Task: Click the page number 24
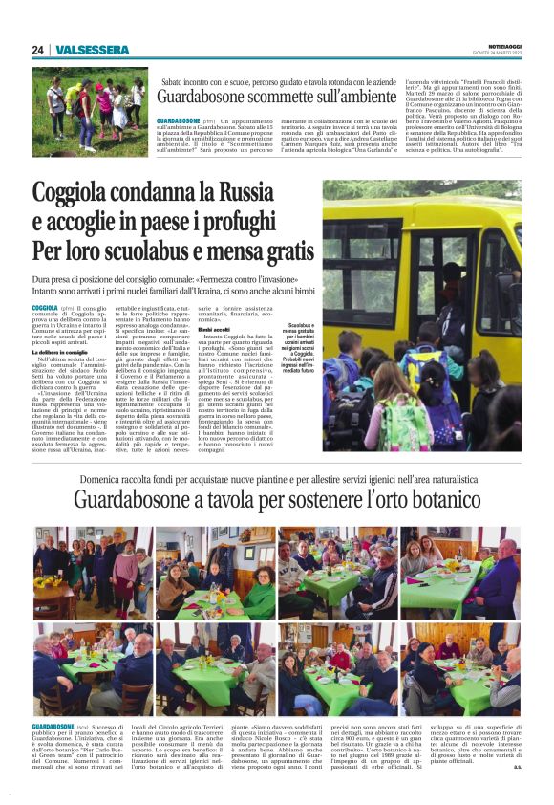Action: click(37, 50)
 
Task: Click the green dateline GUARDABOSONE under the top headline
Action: click(179, 121)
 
